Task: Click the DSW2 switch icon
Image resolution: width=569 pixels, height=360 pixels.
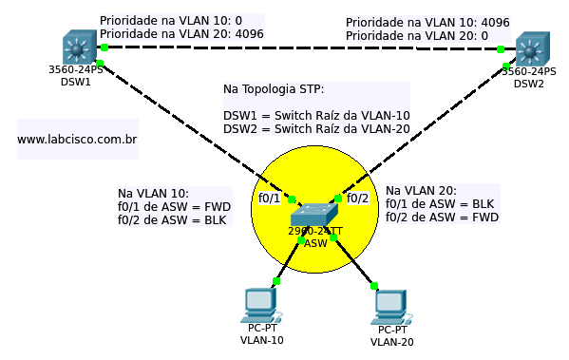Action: [x=532, y=48]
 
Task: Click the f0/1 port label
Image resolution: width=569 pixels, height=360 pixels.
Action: [x=270, y=199]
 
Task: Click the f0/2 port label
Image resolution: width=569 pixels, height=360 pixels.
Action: [x=357, y=199]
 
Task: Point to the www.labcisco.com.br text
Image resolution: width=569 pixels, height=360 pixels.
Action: [x=77, y=140]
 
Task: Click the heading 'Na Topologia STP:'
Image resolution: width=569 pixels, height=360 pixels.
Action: [x=274, y=89]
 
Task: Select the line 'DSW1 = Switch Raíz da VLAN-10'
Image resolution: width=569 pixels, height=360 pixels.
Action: [x=316, y=115]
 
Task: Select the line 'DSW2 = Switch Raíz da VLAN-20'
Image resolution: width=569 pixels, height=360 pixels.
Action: [x=316, y=129]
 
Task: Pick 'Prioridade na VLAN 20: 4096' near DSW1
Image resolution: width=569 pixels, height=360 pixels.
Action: [x=181, y=33]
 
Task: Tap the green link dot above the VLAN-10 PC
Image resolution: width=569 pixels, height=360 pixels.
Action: [x=276, y=280]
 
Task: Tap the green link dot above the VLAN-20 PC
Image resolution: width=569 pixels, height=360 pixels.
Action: [x=374, y=285]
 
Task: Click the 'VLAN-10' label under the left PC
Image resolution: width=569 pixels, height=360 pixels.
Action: [x=261, y=340]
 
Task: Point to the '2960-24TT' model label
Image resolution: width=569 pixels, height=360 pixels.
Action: [x=315, y=231]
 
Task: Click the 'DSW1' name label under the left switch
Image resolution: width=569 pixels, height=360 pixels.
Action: [x=76, y=83]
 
